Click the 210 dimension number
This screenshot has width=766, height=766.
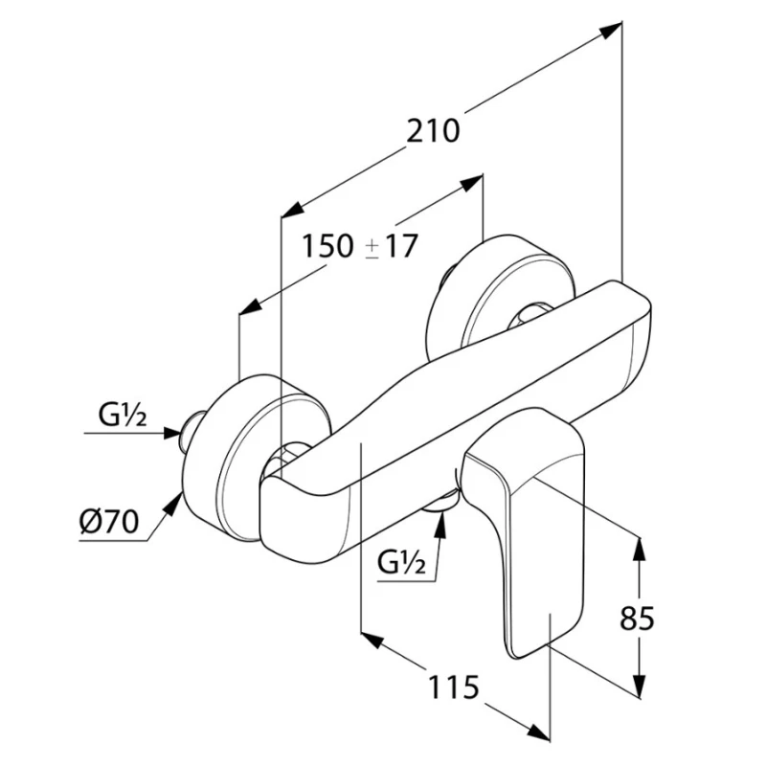pyautogui.click(x=433, y=130)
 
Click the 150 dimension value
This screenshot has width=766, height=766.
pyautogui.click(x=328, y=247)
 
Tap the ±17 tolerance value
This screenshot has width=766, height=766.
pyautogui.click(x=393, y=247)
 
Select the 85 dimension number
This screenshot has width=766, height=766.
pyautogui.click(x=637, y=619)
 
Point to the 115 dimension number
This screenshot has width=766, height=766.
pyautogui.click(x=451, y=687)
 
